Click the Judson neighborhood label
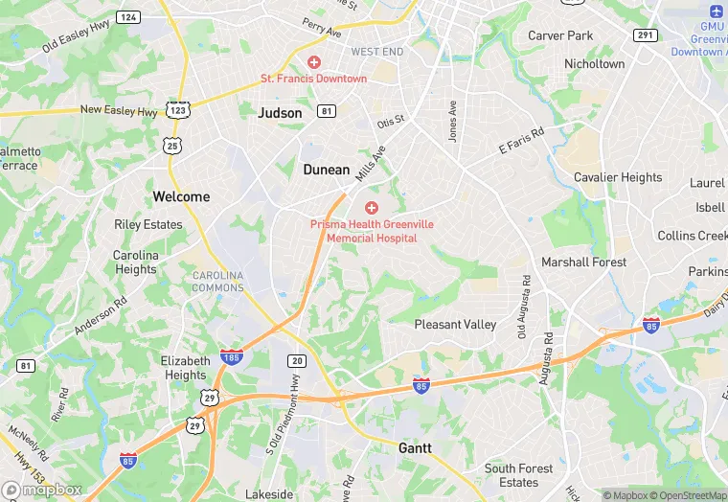pos(280,112)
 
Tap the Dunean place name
pos(327,170)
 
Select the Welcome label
pos(181,196)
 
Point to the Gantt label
pos(415,447)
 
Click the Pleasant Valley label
pos(455,325)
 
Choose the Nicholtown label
pos(594,64)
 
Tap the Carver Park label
pos(560,35)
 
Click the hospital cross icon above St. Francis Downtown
pos(313,62)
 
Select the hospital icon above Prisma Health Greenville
pos(372,208)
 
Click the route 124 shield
pos(128,17)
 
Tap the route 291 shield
pos(645,34)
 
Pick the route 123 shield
pos(176,110)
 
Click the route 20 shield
pos(297,360)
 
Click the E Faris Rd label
pos(521,140)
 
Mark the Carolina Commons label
pos(217,282)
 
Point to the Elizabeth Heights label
pos(185,368)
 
